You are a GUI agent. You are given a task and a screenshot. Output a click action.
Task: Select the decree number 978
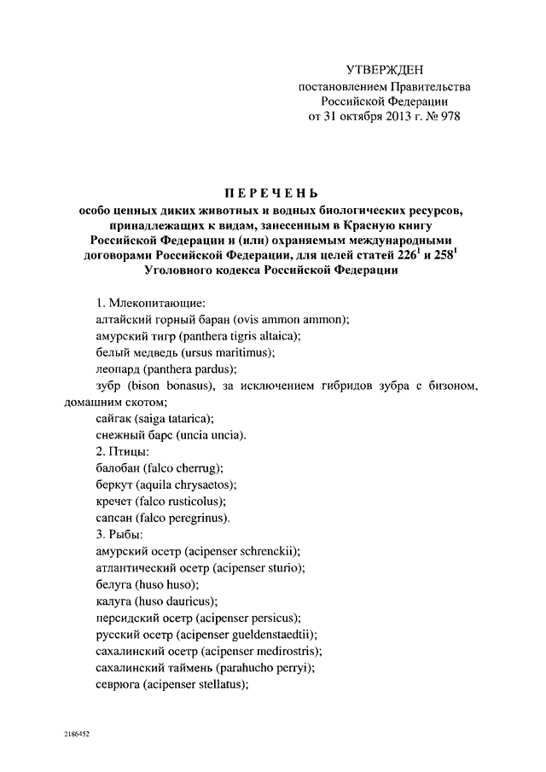tap(446, 117)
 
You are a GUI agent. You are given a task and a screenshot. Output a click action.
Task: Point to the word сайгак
tap(115, 418)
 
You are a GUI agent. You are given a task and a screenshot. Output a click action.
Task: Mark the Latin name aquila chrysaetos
tap(184, 485)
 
